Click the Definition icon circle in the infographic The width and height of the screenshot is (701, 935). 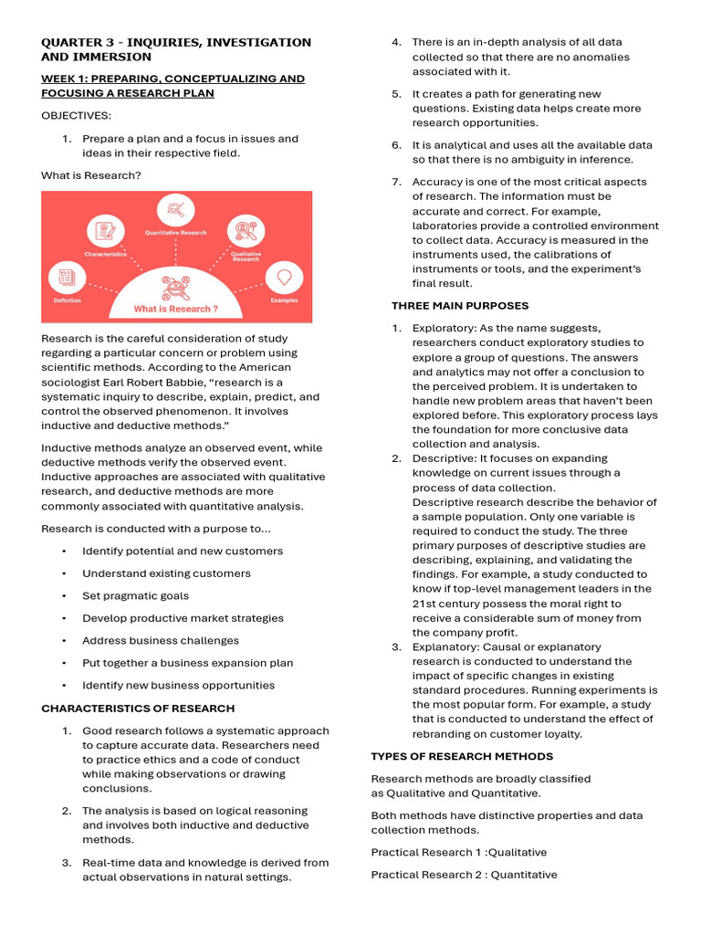[x=67, y=277]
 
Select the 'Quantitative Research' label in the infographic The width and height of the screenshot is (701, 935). [x=175, y=233]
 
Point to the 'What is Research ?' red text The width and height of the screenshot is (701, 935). [x=175, y=309]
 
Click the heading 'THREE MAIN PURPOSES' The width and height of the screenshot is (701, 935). [x=460, y=306]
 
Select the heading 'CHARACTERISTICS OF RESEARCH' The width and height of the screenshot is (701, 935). [x=138, y=709]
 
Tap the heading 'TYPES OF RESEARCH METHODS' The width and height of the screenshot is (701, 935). [x=462, y=757]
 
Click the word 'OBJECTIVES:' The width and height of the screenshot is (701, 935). [x=76, y=116]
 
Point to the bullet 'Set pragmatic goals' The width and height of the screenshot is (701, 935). [x=135, y=596]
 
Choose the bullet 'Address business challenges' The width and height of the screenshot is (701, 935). [x=160, y=641]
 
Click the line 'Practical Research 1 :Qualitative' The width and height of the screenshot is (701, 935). [x=458, y=853]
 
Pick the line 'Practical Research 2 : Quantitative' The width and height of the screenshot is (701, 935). [x=464, y=875]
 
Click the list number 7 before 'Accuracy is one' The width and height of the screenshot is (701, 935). [x=396, y=182]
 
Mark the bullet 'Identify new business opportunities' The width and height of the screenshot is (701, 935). [x=178, y=686]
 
